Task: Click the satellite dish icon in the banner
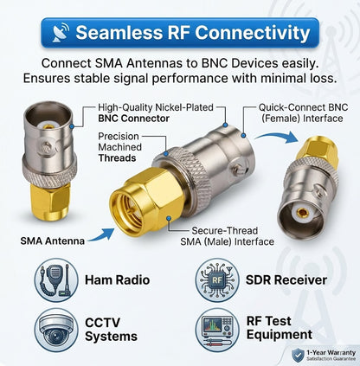(61, 32)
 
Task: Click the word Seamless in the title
(119, 32)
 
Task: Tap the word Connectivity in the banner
(253, 33)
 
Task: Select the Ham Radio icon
(56, 279)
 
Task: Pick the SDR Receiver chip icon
(217, 279)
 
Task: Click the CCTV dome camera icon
(56, 330)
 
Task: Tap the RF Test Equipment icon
(217, 330)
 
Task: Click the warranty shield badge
(298, 355)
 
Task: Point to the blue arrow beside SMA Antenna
(101, 235)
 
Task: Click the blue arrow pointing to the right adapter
(276, 137)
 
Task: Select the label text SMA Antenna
(52, 241)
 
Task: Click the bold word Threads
(117, 158)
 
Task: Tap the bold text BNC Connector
(133, 119)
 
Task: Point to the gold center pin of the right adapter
(303, 213)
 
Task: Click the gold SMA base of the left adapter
(50, 201)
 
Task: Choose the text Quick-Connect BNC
(303, 107)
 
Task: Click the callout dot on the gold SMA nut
(169, 219)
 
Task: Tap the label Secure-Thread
(225, 231)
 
